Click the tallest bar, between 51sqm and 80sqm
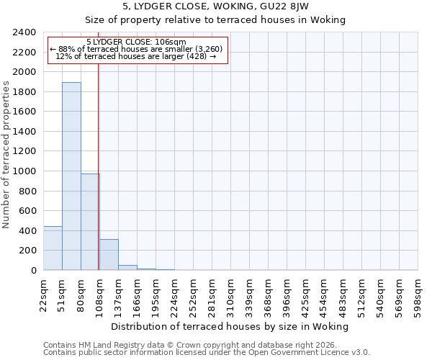[71, 176]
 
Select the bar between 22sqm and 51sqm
[53, 248]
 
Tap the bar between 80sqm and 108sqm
[90, 222]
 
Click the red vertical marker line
[98, 144]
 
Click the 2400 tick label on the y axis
[24, 32]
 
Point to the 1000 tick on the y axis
[24, 171]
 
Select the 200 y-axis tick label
[27, 251]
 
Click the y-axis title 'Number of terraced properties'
[6, 155]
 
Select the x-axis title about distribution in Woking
[230, 326]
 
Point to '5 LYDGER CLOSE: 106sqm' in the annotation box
[136, 42]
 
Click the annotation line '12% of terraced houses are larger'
[136, 56]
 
